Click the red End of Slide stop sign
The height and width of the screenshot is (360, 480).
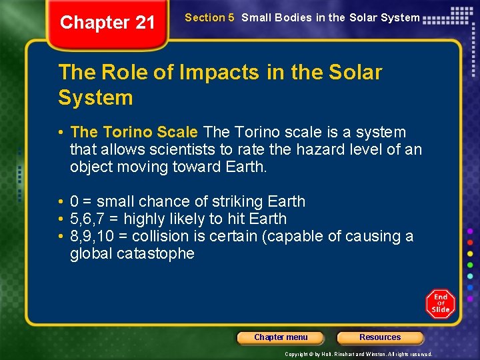tap(440, 303)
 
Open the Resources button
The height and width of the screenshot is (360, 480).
tap(380, 337)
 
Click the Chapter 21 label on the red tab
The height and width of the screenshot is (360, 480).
tap(107, 23)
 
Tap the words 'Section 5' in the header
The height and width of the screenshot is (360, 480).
tap(209, 18)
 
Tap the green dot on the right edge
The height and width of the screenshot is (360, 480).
tap(470, 264)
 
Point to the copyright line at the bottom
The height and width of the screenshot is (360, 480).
tap(359, 354)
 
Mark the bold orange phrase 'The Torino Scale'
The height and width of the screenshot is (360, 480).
tap(134, 132)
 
